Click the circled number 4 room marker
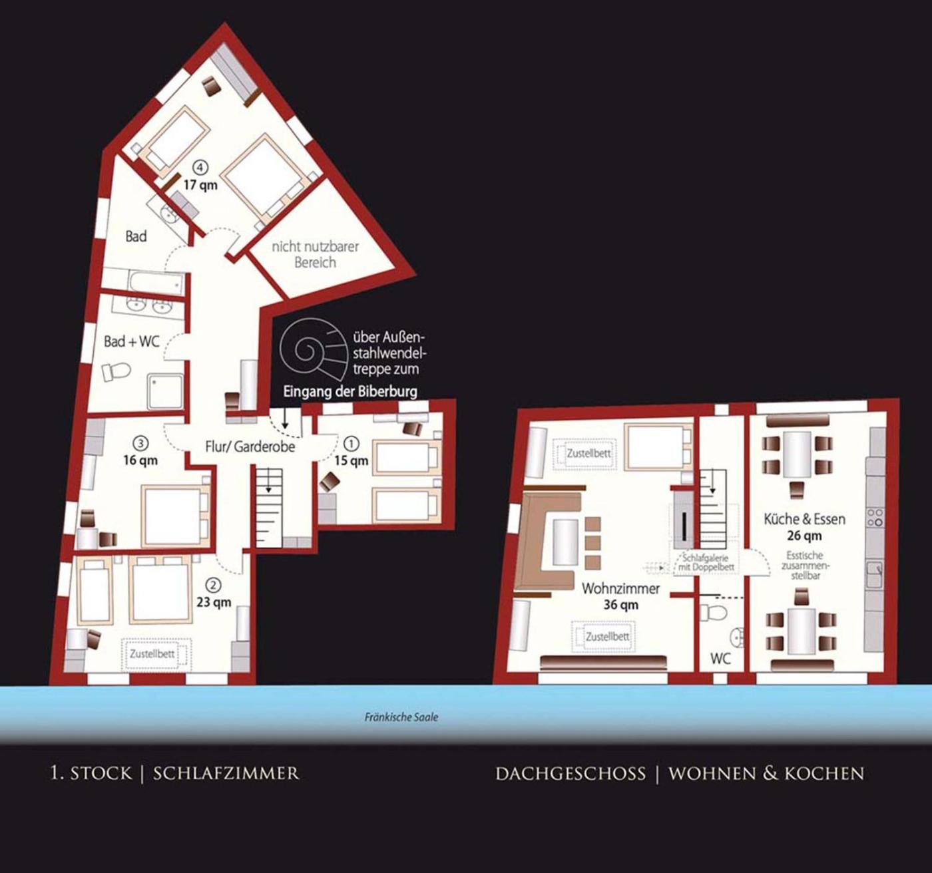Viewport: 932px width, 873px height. (x=200, y=167)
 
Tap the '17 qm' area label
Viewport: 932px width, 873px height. (x=200, y=185)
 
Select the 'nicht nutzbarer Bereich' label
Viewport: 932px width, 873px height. (x=316, y=254)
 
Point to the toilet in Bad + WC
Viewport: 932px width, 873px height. (x=116, y=372)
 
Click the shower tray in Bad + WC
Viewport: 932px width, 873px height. (x=164, y=391)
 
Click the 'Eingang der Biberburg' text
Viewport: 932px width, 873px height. (x=350, y=392)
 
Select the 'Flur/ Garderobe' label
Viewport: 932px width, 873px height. (x=250, y=446)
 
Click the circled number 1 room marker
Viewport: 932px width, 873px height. (x=351, y=443)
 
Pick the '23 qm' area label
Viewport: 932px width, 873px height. (x=214, y=602)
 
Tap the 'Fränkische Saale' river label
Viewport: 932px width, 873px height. (x=401, y=717)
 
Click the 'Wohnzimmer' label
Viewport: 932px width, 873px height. (x=620, y=589)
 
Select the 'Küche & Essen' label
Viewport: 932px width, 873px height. (x=804, y=519)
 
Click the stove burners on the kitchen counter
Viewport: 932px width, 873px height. (x=875, y=517)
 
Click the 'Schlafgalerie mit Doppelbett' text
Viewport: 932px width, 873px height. (x=705, y=562)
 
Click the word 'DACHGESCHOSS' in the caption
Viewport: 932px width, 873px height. (x=570, y=774)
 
